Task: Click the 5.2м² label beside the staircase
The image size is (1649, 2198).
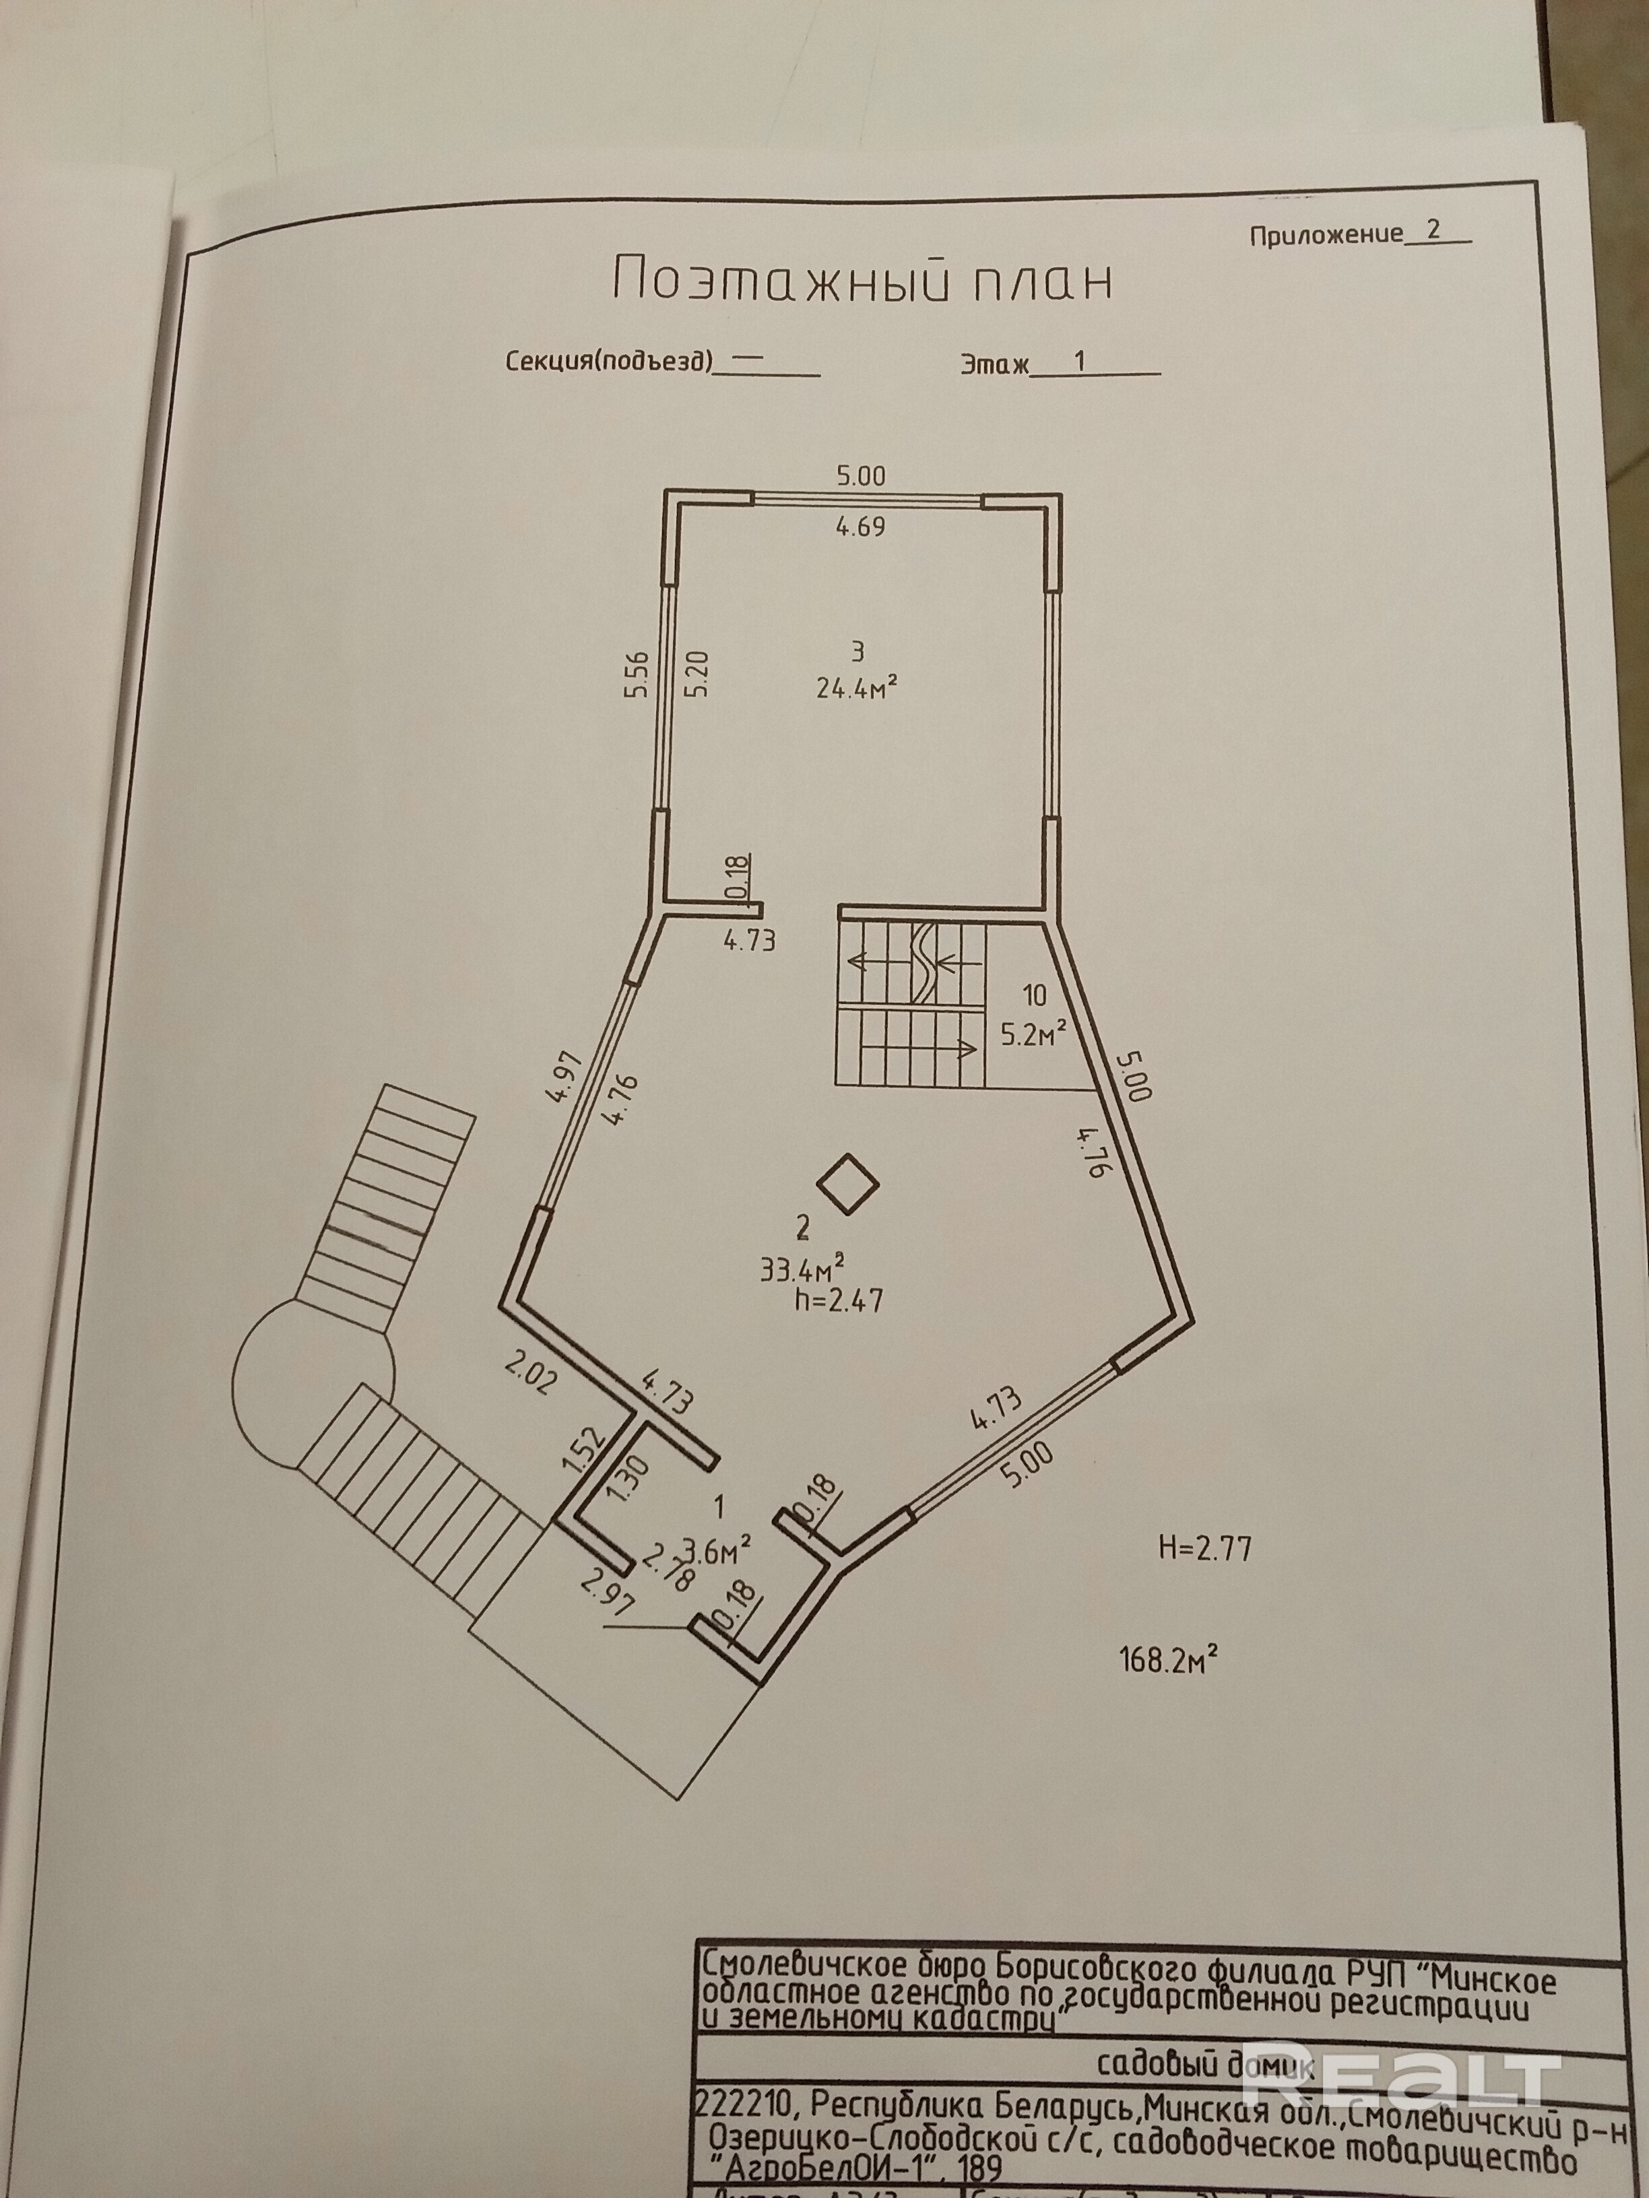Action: point(1034,1036)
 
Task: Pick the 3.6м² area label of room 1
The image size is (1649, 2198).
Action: point(715,1548)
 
